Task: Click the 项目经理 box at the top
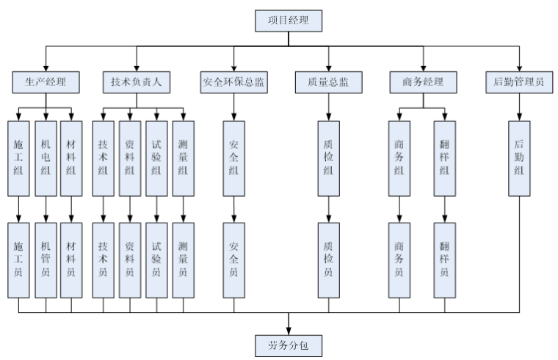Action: pyautogui.click(x=289, y=20)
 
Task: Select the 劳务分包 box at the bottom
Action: pyautogui.click(x=287, y=343)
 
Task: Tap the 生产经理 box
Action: pyautogui.click(x=46, y=82)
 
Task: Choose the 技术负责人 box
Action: pyautogui.click(x=137, y=82)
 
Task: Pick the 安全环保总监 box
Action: pyautogui.click(x=233, y=82)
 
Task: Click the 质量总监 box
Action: pyautogui.click(x=328, y=82)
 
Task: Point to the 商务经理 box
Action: pyautogui.click(x=424, y=82)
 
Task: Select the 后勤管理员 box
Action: pyautogui.click(x=520, y=82)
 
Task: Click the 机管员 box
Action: pyautogui.click(x=46, y=259)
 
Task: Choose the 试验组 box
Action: pyautogui.click(x=156, y=156)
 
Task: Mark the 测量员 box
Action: pyautogui.click(x=183, y=259)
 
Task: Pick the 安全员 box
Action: pyautogui.click(x=234, y=259)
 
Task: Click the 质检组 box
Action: pyautogui.click(x=328, y=156)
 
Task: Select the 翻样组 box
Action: pyautogui.click(x=444, y=156)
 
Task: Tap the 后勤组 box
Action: pyautogui.click(x=520, y=156)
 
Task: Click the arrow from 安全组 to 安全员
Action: pyautogui.click(x=234, y=209)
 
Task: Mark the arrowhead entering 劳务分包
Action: pyautogui.click(x=287, y=328)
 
